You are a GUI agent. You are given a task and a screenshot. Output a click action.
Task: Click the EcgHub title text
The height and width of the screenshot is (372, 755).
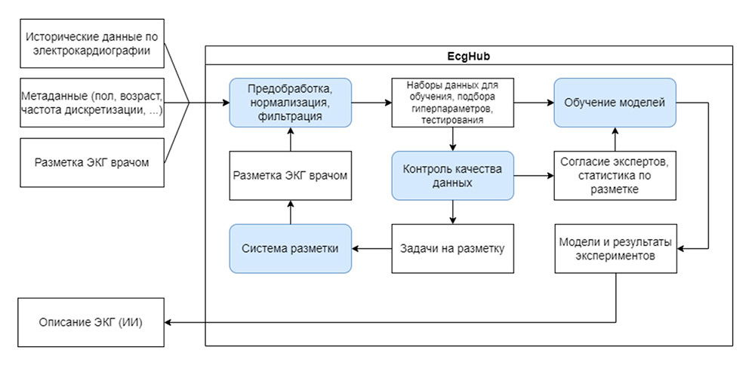click(x=469, y=56)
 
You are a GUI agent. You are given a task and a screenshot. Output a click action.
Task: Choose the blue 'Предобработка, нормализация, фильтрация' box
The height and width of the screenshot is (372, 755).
click(x=291, y=102)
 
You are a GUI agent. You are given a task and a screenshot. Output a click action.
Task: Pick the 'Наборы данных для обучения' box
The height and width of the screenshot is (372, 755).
click(x=451, y=102)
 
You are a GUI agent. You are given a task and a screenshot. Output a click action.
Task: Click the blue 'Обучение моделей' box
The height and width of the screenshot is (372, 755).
click(x=615, y=102)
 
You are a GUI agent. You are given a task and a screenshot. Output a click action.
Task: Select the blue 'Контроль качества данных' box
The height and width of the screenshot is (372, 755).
click(x=451, y=175)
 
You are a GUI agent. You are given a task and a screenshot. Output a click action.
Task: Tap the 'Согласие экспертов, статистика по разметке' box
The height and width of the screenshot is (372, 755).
click(x=615, y=175)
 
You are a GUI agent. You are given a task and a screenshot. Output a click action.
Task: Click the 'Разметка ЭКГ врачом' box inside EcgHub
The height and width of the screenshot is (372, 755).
click(x=291, y=175)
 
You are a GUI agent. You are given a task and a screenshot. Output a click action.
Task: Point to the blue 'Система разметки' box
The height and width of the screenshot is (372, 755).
click(x=291, y=248)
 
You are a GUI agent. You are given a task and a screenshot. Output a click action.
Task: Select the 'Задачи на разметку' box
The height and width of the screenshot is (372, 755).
click(x=451, y=248)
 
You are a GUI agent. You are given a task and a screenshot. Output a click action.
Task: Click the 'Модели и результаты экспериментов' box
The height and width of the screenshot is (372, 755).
click(x=615, y=248)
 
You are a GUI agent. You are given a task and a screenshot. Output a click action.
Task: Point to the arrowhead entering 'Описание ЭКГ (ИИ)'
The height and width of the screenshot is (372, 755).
click(x=169, y=323)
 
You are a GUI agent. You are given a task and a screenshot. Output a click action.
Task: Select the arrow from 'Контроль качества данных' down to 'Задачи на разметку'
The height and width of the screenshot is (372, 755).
click(x=451, y=212)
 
